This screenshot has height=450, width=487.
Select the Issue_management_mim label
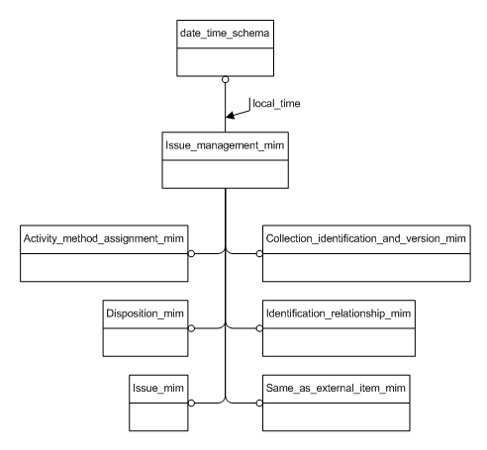226,145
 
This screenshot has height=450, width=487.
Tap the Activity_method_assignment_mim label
103,238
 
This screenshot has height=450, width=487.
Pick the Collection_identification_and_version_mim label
365,238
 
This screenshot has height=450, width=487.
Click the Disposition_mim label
144,313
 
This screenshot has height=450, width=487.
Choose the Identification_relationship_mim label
337,313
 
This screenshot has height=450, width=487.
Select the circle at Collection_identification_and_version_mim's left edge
261,253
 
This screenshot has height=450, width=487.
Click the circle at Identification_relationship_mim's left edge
261,327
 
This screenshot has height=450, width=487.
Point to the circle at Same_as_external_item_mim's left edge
261,402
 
